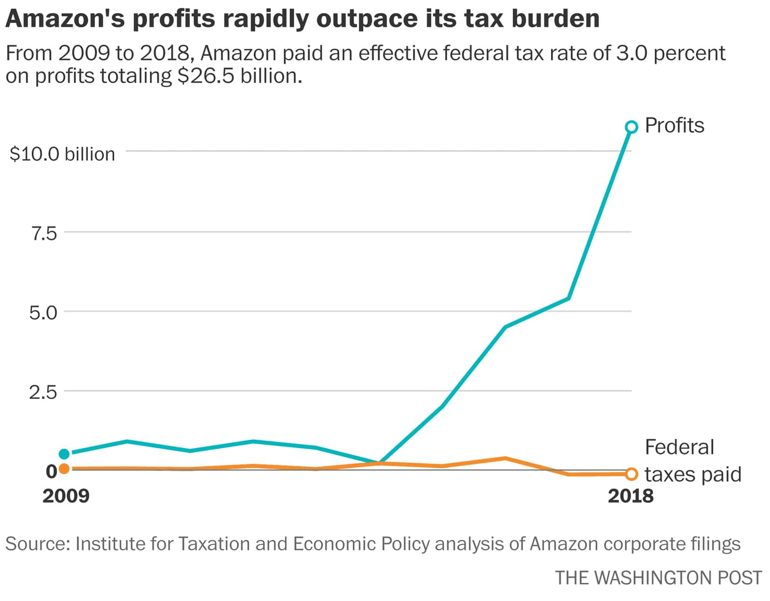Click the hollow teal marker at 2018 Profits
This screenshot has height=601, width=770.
point(631,127)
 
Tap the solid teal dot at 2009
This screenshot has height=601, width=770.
point(64,454)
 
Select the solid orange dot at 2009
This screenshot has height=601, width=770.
point(64,469)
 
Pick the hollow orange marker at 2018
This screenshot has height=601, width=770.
point(631,474)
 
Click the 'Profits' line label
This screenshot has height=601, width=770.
point(674,125)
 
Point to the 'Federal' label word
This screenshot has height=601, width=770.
point(679,447)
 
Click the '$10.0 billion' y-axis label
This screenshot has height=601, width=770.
point(62,154)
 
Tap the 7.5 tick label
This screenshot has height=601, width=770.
point(44,234)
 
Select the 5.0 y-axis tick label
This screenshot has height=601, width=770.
point(43,313)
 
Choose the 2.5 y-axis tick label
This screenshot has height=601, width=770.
point(43,392)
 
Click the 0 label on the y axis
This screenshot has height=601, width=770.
point(51,471)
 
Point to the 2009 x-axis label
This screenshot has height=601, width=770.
point(66,496)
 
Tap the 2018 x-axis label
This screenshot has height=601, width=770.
point(630,496)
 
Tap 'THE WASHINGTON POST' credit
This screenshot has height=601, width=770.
point(658,578)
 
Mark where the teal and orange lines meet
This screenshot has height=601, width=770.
point(380,463)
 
